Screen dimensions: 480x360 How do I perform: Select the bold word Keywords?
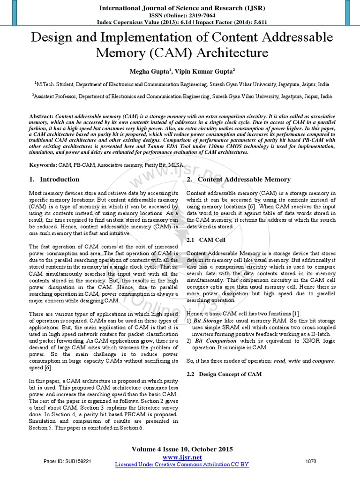click(43, 165)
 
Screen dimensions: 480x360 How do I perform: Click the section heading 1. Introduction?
click(54, 180)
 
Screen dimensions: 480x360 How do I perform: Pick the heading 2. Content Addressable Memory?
click(238, 180)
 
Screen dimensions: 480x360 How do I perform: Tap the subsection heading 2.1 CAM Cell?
click(206, 240)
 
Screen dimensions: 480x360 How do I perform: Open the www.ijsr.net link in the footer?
click(182, 457)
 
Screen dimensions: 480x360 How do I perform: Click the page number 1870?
click(311, 461)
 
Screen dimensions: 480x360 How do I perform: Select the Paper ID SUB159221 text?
click(67, 461)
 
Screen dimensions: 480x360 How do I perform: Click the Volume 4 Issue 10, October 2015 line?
click(182, 449)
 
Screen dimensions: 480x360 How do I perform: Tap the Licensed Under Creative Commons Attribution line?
click(182, 464)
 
